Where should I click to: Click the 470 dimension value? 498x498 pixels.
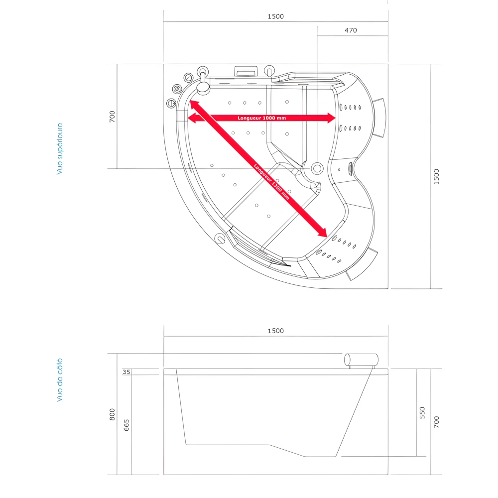(x=351, y=30)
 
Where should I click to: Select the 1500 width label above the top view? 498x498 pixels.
(x=275, y=16)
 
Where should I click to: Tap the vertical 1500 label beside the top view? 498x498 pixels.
(x=437, y=176)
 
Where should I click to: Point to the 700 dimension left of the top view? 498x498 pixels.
(x=113, y=117)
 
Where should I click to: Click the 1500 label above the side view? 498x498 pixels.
(x=275, y=331)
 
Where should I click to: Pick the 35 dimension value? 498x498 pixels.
(x=126, y=372)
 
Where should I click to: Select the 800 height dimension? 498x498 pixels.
(x=113, y=413)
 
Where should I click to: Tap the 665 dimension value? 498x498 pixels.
(x=126, y=425)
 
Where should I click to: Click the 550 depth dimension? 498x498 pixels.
(x=422, y=412)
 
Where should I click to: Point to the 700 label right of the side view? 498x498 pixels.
(x=437, y=423)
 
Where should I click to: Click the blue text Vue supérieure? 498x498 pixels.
(x=60, y=148)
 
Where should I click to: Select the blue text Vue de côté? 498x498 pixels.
(x=60, y=380)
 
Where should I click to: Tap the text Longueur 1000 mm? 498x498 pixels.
(x=261, y=118)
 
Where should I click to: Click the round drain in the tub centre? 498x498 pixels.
(x=317, y=168)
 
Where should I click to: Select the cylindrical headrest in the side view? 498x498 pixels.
(x=361, y=359)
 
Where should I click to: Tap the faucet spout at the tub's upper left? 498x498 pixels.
(x=203, y=88)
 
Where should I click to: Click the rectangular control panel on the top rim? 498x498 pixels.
(x=246, y=71)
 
